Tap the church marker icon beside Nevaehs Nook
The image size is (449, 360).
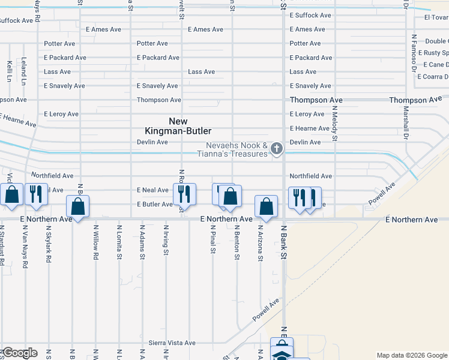(277, 148)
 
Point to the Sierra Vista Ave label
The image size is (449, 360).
(172, 343)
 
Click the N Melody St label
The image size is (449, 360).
(334, 125)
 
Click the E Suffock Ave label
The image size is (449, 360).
(310, 15)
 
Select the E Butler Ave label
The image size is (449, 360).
(155, 204)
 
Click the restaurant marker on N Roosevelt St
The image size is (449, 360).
(182, 194)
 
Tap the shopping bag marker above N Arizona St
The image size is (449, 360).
(266, 206)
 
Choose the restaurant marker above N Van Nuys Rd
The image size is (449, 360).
(36, 194)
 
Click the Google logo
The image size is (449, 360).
(19, 353)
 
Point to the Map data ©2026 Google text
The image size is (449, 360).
(411, 355)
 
